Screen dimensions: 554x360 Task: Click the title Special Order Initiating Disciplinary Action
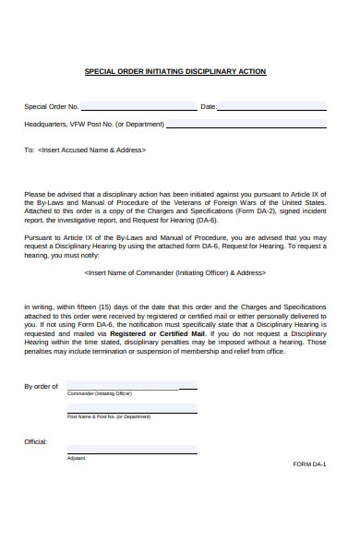[175, 71]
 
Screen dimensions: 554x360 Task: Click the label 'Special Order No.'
[52, 107]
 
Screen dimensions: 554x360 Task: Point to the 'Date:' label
[209, 107]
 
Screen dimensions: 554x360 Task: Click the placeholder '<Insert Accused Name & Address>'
[92, 150]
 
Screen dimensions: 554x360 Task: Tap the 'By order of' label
[41, 387]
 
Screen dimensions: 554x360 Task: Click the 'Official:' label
[36, 442]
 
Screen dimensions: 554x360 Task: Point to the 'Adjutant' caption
[76, 458]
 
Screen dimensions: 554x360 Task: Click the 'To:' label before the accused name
[29, 150]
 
